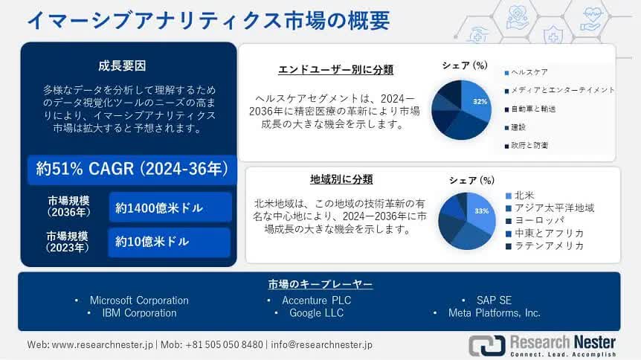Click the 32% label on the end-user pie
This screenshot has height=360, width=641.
point(480,101)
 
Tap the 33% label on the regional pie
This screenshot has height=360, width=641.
point(482,211)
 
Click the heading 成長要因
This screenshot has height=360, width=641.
point(122,66)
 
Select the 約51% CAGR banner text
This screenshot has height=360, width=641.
point(132,169)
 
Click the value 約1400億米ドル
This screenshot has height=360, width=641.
point(159,208)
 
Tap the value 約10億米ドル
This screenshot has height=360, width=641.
point(152,242)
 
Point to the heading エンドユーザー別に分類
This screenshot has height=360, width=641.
point(335,70)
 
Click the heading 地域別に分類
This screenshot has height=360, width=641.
point(341,179)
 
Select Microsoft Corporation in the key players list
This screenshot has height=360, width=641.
point(139,300)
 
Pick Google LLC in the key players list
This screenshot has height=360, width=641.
point(317,313)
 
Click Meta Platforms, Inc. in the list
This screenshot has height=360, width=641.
point(495,313)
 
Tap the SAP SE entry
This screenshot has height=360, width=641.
point(494,300)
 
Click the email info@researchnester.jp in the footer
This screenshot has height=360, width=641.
point(322,345)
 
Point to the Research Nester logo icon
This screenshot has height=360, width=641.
point(487,345)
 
